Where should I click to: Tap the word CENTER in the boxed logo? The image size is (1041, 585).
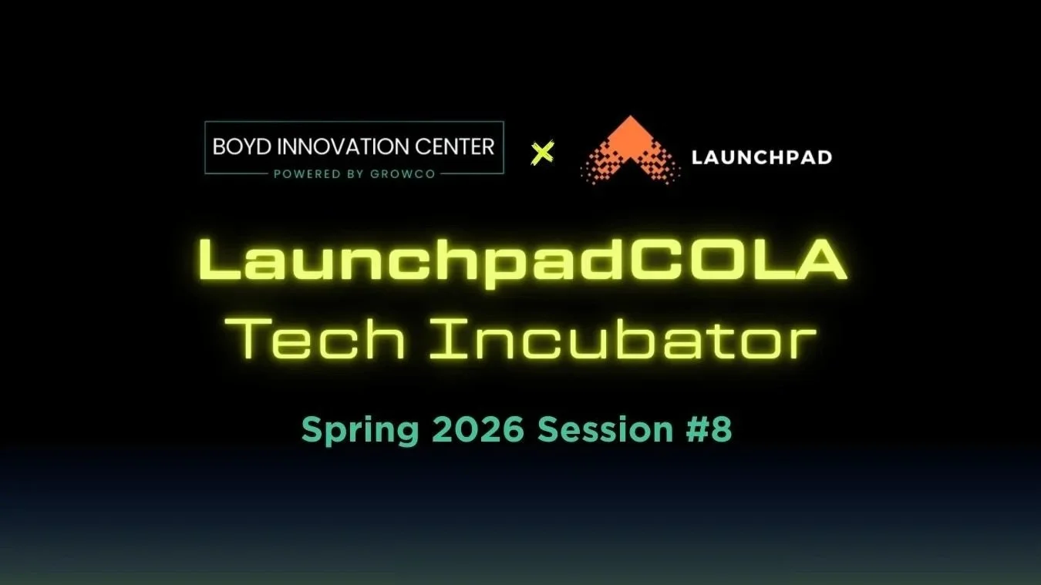(461, 146)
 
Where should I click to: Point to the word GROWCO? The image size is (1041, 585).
(403, 174)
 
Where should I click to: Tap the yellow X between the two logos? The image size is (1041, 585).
(543, 153)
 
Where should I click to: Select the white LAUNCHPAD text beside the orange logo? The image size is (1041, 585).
(762, 158)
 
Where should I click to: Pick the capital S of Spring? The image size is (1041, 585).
(311, 429)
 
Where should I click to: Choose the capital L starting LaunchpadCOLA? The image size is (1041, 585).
(220, 260)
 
